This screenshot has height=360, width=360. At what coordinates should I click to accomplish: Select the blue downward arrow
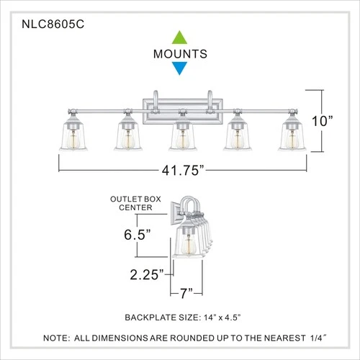[x=180, y=68]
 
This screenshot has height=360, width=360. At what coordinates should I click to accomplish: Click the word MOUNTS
[x=180, y=54]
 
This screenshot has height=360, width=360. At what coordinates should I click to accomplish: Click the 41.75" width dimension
[x=180, y=171]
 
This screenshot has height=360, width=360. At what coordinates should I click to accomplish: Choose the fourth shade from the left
[x=238, y=138]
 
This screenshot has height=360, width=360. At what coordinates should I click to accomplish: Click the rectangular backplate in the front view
[x=180, y=104]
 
